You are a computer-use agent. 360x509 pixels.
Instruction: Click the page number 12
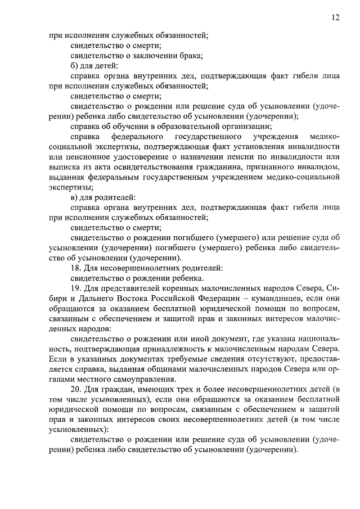coord(335,18)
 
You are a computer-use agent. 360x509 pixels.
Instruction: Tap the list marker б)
coord(75,66)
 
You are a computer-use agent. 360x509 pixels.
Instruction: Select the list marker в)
coord(75,197)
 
